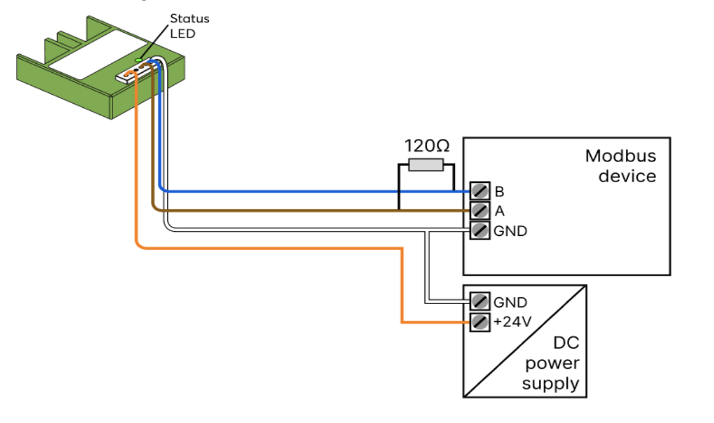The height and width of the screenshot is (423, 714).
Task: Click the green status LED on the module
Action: [x=138, y=60]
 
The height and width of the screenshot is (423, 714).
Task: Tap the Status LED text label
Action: [x=190, y=26]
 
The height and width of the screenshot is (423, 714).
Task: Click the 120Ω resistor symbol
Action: [x=426, y=165]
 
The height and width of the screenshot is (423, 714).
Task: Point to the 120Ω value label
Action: [x=426, y=145]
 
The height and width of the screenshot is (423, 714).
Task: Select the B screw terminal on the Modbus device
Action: [x=479, y=191]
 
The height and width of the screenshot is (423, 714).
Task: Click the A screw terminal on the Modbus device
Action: [x=479, y=210]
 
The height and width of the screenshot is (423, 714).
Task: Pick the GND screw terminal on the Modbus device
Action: [x=479, y=230]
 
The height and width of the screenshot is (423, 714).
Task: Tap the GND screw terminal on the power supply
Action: [x=479, y=302]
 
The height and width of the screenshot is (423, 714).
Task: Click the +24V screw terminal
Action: [x=479, y=322]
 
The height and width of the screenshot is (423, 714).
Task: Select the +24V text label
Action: [x=512, y=322]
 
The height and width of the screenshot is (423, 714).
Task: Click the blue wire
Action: [x=298, y=191]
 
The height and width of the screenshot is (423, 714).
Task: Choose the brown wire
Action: [x=298, y=210]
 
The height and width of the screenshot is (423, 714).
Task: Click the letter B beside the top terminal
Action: [x=499, y=191]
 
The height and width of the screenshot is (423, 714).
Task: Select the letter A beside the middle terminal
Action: [x=499, y=210]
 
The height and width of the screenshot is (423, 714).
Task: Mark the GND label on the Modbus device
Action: [x=510, y=231]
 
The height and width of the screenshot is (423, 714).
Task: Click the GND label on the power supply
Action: [x=510, y=302]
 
